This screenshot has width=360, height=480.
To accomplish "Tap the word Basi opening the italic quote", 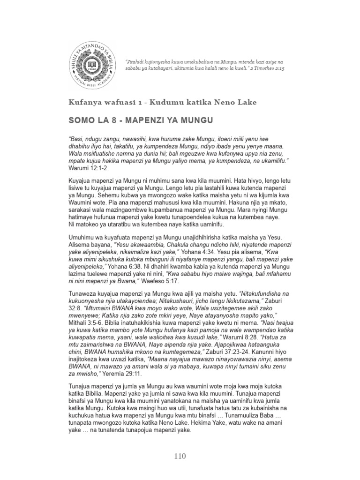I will pos(78,139).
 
